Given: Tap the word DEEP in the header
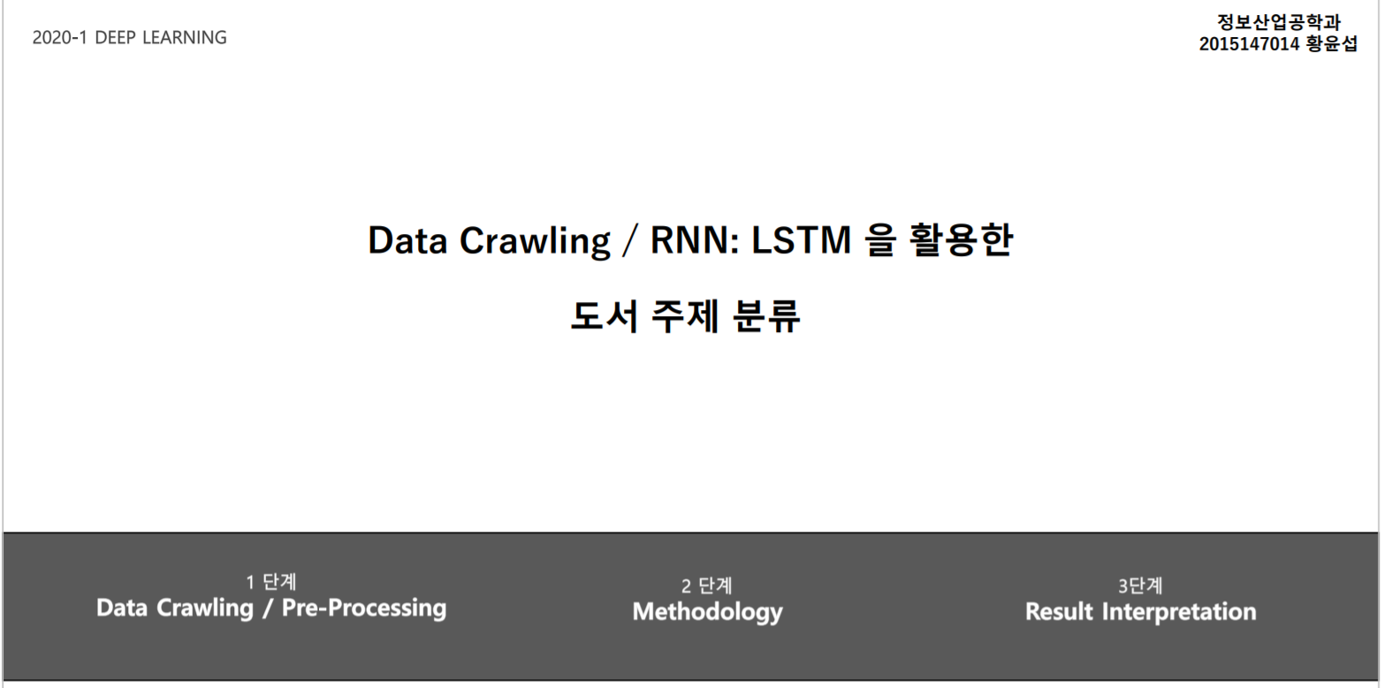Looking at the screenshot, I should point(115,38).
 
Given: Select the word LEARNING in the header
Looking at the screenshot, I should point(185,38).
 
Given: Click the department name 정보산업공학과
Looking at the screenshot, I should point(1278,22).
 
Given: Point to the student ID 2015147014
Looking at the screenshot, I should point(1249,43).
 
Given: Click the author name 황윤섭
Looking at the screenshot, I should point(1332,43).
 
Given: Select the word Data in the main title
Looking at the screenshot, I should point(407,240).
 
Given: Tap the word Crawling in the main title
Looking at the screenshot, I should point(535,240).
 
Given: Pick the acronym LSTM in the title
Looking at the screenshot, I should point(801,240).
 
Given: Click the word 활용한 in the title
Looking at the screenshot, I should point(961,240).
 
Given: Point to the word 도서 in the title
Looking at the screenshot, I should point(604,316).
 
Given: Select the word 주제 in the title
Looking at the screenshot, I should point(685,316).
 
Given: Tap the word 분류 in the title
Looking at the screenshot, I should point(766,316).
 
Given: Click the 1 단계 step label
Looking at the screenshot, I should point(271,582).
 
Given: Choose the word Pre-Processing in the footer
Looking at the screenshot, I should point(364,609).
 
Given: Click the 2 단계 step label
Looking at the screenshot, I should point(707,586).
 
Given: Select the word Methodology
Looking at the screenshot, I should point(707,612).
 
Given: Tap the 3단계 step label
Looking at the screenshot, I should point(1140,586).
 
